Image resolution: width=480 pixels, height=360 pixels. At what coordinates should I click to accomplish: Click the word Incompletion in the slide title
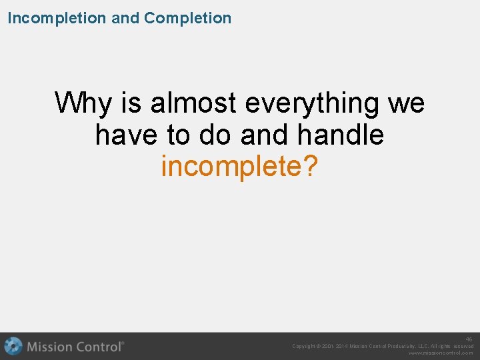click(57, 18)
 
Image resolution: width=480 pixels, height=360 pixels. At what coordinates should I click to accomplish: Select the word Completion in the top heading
click(187, 18)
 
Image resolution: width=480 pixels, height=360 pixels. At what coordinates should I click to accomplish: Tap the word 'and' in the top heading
click(125, 18)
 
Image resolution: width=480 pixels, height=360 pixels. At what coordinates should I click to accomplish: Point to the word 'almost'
click(193, 103)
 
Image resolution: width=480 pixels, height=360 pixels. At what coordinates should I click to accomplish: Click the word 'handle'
click(341, 135)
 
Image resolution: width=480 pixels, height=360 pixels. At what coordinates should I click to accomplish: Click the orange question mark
click(310, 167)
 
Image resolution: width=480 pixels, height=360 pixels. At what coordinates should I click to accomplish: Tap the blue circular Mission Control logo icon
click(13, 347)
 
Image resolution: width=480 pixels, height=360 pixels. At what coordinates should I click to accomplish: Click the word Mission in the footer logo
click(51, 347)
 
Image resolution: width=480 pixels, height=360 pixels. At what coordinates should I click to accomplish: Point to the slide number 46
click(469, 339)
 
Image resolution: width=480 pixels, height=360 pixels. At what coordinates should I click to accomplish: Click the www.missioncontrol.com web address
click(441, 353)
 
